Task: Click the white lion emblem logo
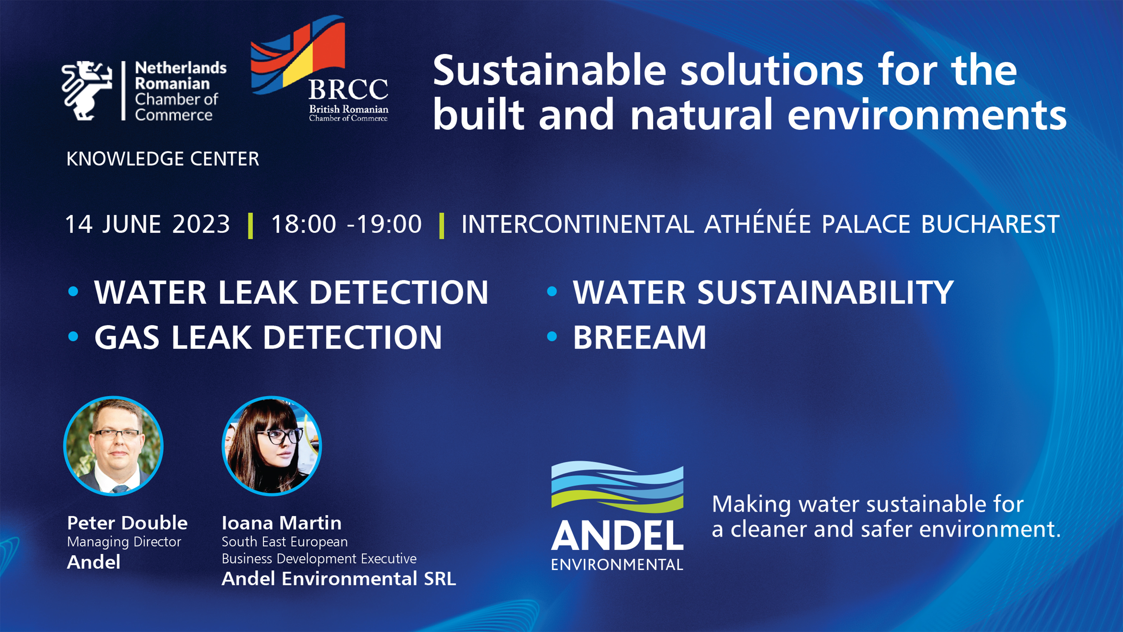87,90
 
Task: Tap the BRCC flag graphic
298,54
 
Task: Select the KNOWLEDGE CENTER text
163,159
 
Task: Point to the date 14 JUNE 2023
147,224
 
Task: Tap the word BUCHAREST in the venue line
990,224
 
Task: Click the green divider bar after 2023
250,226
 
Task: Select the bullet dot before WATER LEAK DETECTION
73,291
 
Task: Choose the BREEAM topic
640,337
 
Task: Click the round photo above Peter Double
113,446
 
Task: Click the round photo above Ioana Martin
272,446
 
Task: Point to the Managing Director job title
124,542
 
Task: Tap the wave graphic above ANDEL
617,487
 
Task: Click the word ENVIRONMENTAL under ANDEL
617,565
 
